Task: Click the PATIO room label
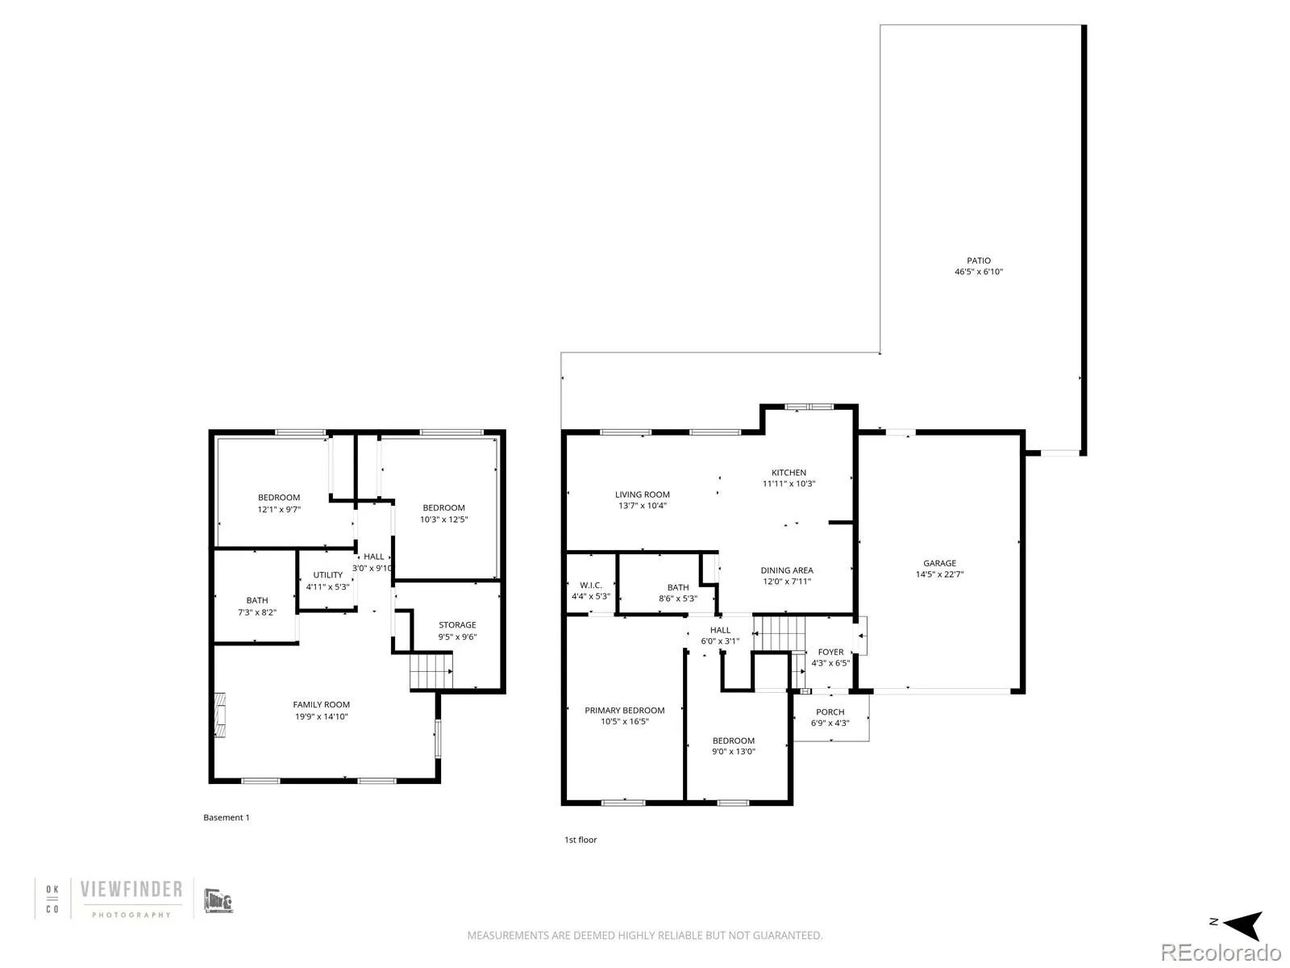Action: click(978, 261)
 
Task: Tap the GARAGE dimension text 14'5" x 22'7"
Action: click(939, 574)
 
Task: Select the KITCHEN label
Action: click(789, 473)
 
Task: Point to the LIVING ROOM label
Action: click(643, 494)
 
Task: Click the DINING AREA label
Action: click(787, 570)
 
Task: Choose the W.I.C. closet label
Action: click(591, 586)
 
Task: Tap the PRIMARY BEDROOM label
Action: click(625, 710)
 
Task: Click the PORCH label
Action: click(830, 711)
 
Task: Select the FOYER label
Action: click(830, 652)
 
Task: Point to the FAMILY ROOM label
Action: click(322, 705)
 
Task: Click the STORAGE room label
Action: click(457, 624)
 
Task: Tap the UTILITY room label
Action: click(327, 575)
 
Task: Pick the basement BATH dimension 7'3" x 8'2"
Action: click(257, 611)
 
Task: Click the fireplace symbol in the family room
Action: click(220, 715)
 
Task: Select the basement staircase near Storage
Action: click(431, 670)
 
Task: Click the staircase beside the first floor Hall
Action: click(779, 633)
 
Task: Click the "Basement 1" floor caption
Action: click(227, 817)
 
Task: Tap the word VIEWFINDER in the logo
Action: click(131, 890)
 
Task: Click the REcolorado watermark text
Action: click(1221, 953)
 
